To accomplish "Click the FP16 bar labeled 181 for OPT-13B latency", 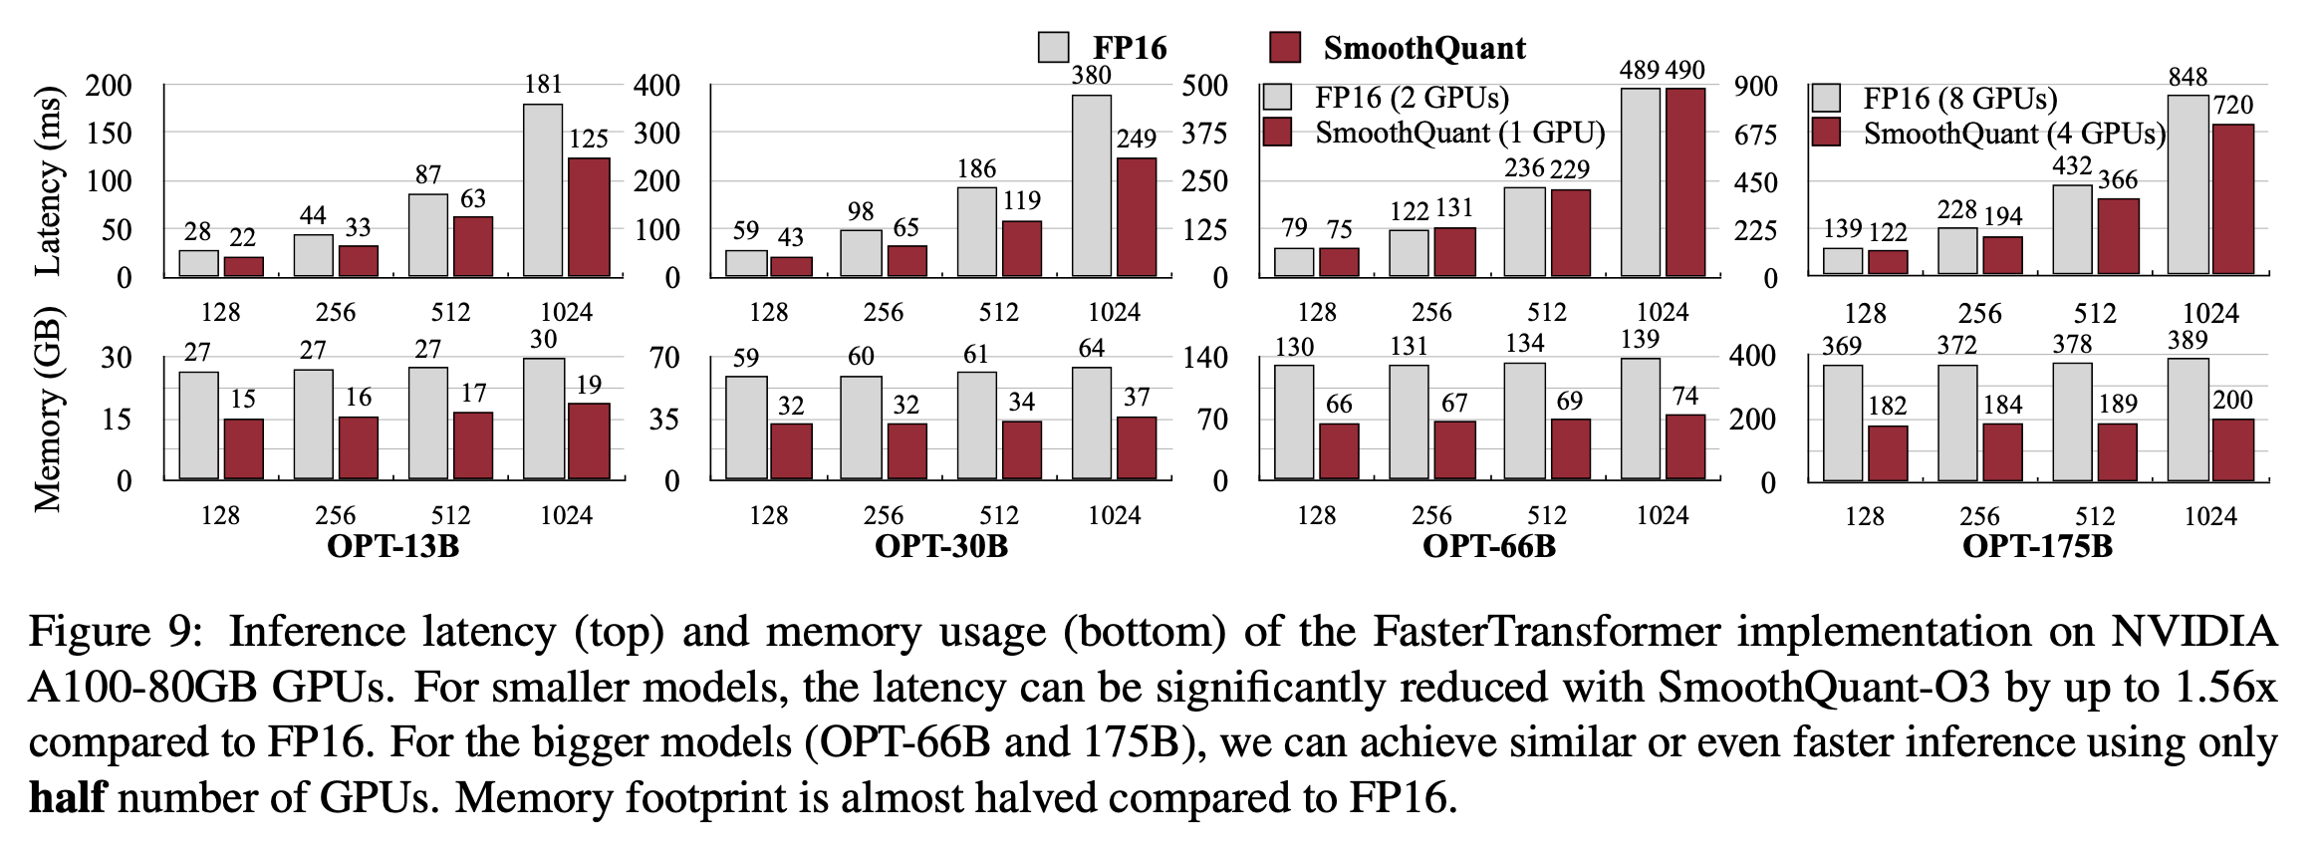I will [x=542, y=189].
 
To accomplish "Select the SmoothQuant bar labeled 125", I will [x=588, y=216].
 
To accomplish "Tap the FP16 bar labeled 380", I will [x=1091, y=185].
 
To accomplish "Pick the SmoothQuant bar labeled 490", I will [x=1684, y=181].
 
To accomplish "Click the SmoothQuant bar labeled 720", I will [x=2232, y=199].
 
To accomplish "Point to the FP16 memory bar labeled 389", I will [x=2188, y=420].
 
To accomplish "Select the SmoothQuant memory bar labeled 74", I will [x=1684, y=446].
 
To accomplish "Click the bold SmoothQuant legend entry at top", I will [x=1398, y=48].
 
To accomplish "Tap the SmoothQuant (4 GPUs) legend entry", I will [x=1988, y=134].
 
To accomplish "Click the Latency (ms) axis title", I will [x=48, y=180].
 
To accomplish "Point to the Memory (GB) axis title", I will [x=48, y=410].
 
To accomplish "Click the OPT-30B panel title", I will [x=940, y=546].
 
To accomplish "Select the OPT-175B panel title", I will [x=2037, y=546].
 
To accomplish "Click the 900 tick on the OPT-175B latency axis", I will [x=1755, y=86].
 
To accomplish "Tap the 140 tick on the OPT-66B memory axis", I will [x=1204, y=358].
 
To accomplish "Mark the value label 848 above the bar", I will [x=2188, y=77].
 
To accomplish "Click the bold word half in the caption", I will [x=67, y=798].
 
